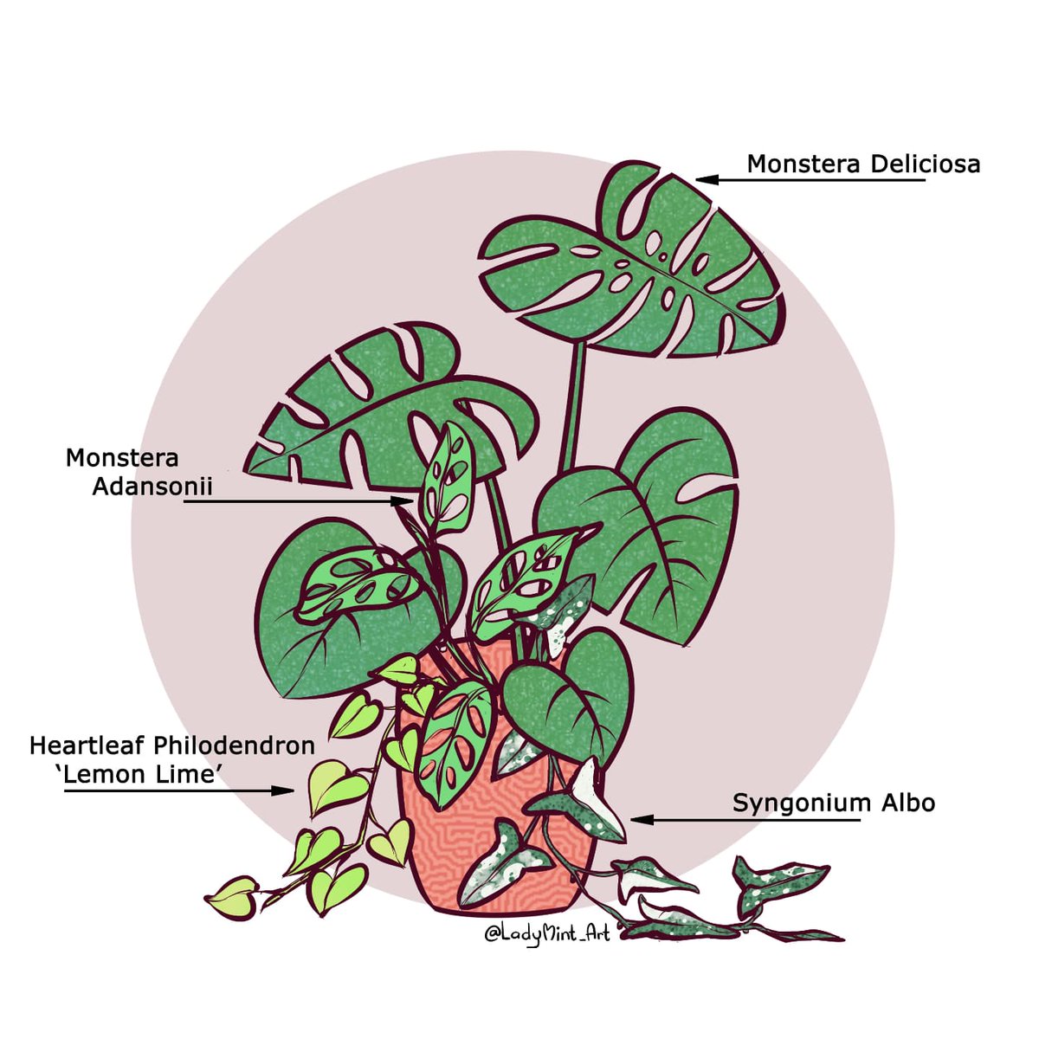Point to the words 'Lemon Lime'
pos(139,774)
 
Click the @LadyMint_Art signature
pos(546,934)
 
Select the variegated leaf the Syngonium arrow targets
pos(589,801)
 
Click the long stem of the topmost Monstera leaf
pos(574,407)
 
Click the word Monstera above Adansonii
pos(122,458)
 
